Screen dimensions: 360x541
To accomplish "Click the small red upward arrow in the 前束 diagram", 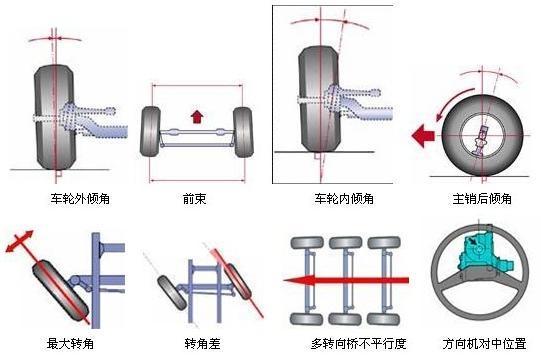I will click(197, 115).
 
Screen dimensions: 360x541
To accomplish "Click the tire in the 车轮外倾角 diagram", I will click(53, 114).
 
